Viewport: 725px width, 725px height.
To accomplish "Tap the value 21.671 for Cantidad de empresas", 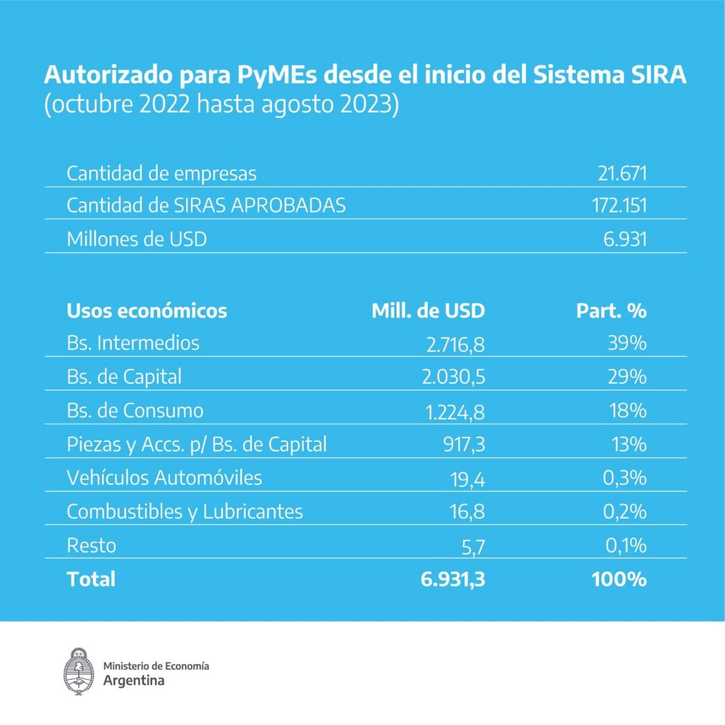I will pos(622,173).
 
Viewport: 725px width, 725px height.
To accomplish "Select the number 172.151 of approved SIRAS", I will pos(619,206).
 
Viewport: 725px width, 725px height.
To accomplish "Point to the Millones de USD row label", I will pos(137,239).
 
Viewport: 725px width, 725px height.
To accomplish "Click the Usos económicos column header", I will pos(147,311).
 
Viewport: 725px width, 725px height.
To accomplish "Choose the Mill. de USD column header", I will pos(428,311).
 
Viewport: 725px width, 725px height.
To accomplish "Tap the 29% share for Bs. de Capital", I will pos(627,377).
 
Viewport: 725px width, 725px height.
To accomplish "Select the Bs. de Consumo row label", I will pos(135,411).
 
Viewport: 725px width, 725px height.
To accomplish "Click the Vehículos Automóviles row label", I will pos(164,478).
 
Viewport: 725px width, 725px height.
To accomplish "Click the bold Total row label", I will pos(91,579).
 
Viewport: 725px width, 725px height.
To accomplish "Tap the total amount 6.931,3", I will pos(452,579).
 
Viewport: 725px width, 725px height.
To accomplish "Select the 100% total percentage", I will pos(619,579).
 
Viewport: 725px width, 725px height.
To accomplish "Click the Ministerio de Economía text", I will pos(156,666).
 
